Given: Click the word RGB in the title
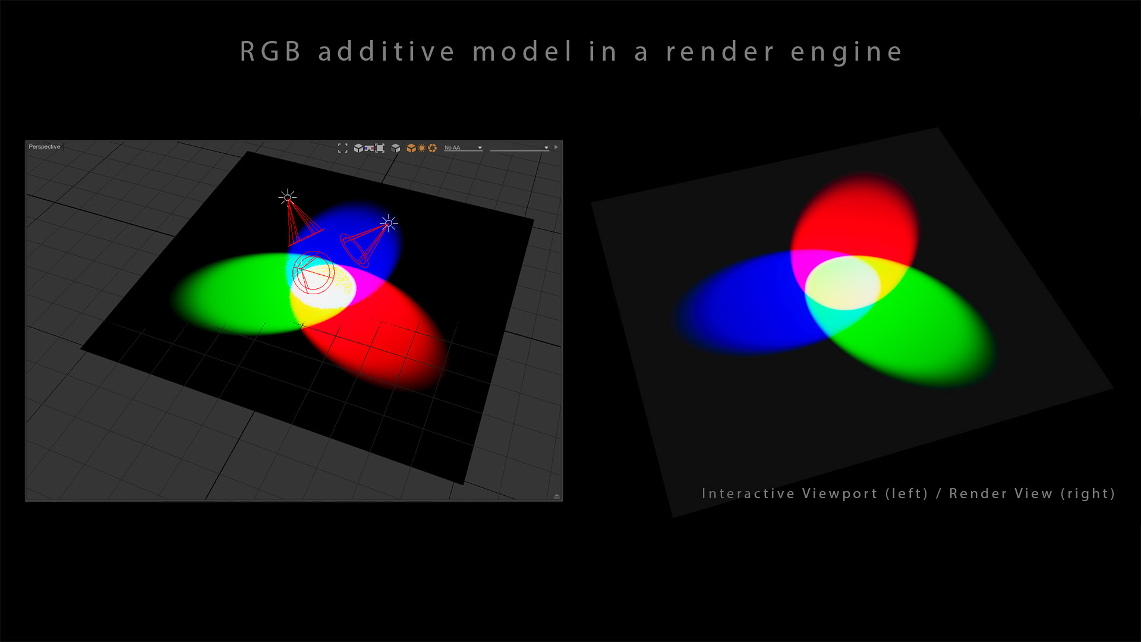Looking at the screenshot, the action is click(270, 52).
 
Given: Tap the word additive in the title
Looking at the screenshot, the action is click(386, 52).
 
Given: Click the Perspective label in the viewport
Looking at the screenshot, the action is click(45, 147).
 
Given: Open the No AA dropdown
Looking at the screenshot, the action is click(463, 147).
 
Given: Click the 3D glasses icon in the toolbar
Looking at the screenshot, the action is click(369, 148).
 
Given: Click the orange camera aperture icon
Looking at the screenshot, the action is click(433, 148).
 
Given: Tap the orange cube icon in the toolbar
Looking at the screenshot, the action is click(411, 148).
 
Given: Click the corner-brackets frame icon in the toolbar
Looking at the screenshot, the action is click(343, 148).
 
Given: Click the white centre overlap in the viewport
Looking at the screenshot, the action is click(326, 287).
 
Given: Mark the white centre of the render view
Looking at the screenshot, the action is click(843, 283).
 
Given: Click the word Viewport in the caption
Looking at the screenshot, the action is click(840, 494).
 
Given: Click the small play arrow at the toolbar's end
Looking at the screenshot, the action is click(556, 147).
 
